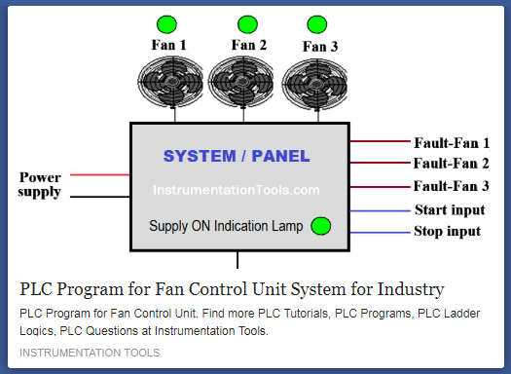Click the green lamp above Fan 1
coord(166,23)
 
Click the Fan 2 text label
coord(249,45)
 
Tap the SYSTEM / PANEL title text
coord(237,156)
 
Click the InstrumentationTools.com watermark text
coord(237,191)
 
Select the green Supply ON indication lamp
coord(321,226)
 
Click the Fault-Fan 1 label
coord(452,142)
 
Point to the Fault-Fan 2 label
coord(452,164)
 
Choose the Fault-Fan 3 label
coord(452,186)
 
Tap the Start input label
coord(450,209)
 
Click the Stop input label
coord(448,232)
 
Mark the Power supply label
coord(40,185)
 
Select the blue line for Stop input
coord(380,233)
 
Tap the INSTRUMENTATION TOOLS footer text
coord(90,352)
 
